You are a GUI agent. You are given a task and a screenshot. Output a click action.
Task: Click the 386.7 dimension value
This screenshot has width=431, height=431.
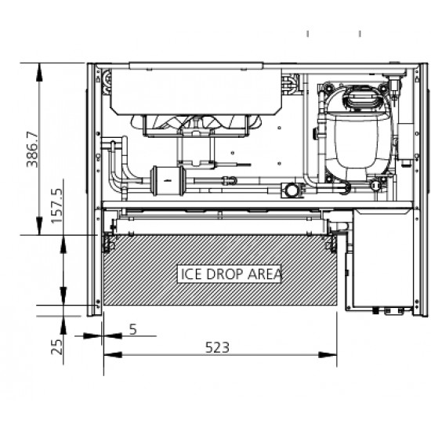(32, 150)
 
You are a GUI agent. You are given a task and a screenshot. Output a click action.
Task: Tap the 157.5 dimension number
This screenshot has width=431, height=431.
(57, 205)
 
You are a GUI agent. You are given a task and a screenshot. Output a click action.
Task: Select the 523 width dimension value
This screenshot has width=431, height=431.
(217, 347)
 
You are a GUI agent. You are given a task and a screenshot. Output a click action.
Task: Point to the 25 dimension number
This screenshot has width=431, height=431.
(57, 347)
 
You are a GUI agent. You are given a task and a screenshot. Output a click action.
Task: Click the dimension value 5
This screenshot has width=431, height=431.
(133, 329)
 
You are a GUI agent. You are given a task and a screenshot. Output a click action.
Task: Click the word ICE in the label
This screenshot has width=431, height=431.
(190, 274)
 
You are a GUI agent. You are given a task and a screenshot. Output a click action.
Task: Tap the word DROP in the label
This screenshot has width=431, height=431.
(225, 274)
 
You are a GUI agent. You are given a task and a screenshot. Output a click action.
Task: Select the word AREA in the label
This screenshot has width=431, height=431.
(265, 274)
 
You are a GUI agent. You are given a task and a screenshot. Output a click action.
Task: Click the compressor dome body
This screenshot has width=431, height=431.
(357, 140)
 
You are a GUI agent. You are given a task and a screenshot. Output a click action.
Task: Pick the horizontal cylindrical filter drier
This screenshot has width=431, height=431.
(167, 181)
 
